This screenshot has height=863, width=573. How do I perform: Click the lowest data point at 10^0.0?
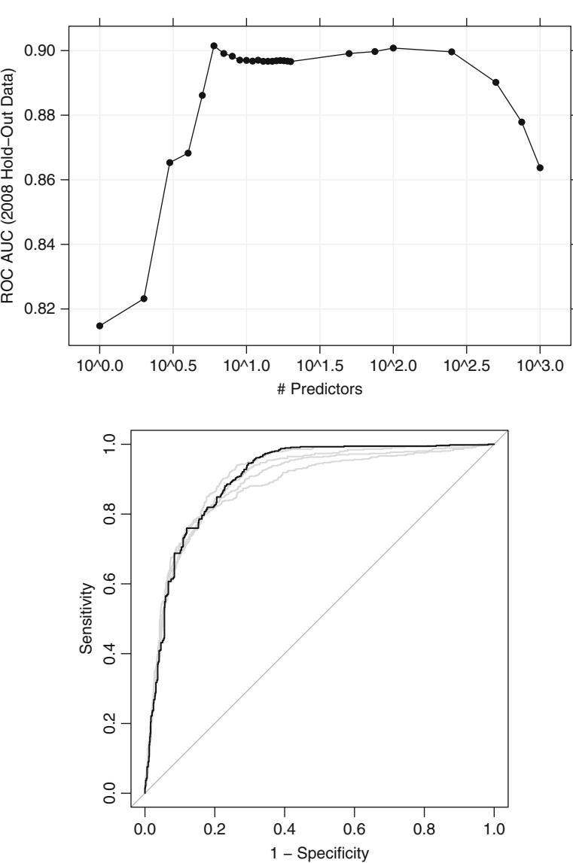[x=99, y=326]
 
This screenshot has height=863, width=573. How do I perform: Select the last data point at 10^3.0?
[x=540, y=168]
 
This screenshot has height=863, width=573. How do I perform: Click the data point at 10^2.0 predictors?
[x=393, y=48]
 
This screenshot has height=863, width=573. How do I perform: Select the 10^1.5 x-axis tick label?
[x=319, y=370]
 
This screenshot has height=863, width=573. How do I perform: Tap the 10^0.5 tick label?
[x=172, y=370]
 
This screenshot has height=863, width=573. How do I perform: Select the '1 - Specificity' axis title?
[x=319, y=852]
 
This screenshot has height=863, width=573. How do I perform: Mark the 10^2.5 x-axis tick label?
[x=466, y=370]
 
